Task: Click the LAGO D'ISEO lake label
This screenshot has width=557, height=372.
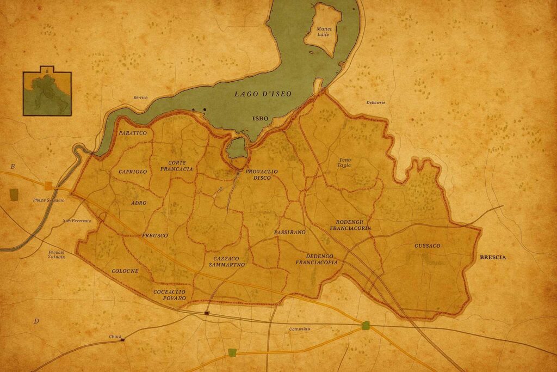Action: (x=263, y=94)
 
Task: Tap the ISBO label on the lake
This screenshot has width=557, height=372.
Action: (x=261, y=118)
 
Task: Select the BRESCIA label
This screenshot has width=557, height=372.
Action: (x=492, y=257)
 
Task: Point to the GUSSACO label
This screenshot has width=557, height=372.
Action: (x=427, y=246)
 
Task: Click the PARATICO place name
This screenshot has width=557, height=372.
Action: (x=133, y=133)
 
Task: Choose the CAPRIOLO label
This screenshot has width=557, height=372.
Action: (x=133, y=172)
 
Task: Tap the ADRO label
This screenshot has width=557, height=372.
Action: (x=139, y=203)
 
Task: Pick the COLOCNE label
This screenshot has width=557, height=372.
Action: (x=125, y=271)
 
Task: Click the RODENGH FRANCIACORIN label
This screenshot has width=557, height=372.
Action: (x=350, y=225)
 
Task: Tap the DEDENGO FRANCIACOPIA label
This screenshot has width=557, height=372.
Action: (x=316, y=259)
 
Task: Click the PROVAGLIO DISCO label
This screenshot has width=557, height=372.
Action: (x=261, y=174)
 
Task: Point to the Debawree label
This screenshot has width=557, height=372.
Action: (x=375, y=102)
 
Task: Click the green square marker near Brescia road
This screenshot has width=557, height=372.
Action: (x=366, y=326)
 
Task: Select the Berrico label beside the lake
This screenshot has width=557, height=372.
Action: (x=140, y=97)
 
